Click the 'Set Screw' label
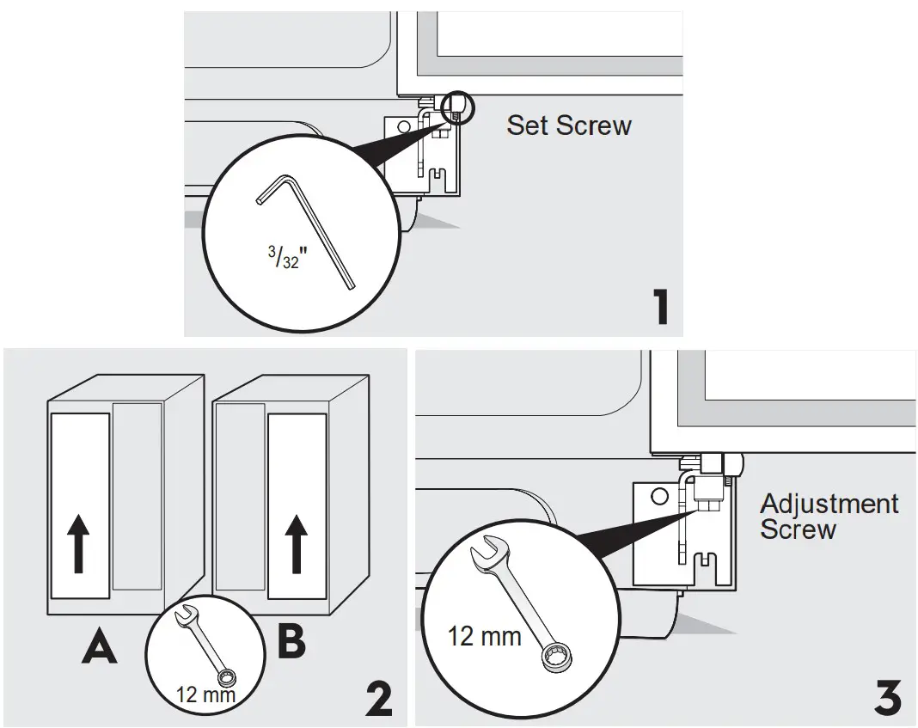coord(569,125)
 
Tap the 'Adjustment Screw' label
coord(829,516)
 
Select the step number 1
coord(661,308)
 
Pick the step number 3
coord(888,700)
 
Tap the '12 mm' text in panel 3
coord(485,637)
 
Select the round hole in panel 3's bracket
coord(659,497)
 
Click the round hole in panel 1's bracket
coord(404,128)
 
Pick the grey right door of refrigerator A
coord(138,496)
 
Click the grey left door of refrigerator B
coord(240,496)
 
